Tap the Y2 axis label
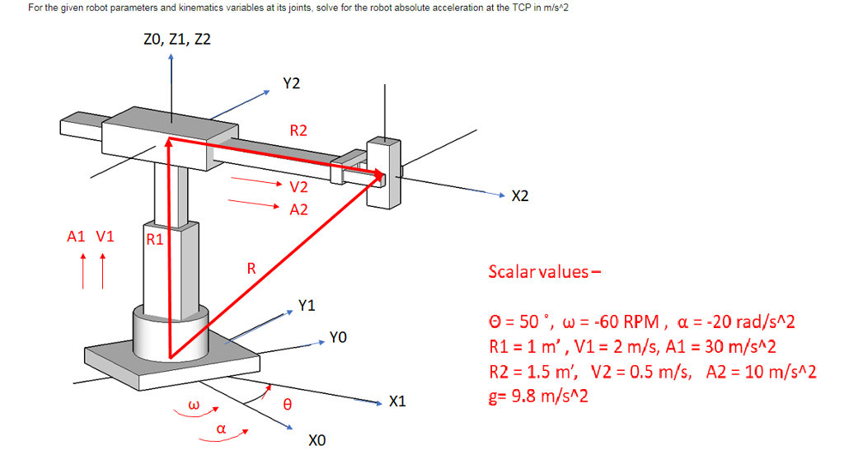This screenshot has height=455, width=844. pos(291,83)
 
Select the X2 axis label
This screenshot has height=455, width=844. pos(521,196)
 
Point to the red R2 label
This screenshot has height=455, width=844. pos(298,130)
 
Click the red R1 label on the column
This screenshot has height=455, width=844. pos(154,241)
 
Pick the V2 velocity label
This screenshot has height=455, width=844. pos(298,187)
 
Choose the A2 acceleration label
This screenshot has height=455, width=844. pos(298,209)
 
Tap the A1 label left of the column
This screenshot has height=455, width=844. pos(77,237)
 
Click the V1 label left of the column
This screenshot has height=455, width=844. pos(105,237)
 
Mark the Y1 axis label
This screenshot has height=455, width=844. pos(307,306)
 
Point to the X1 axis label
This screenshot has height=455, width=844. pos(397,402)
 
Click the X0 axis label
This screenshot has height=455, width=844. pos(316,441)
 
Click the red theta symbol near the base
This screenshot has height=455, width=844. pos(287,405)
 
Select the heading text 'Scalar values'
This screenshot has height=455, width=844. pos(540,271)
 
